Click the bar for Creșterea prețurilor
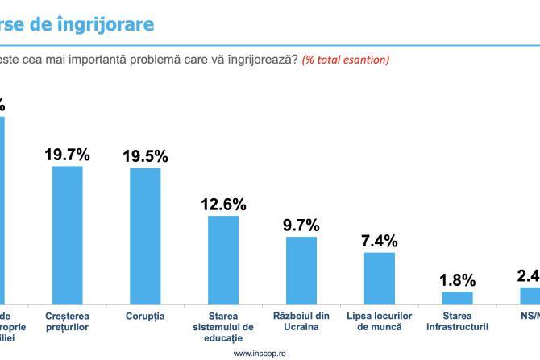pyautogui.click(x=67, y=234)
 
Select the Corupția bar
pyautogui.click(x=145, y=235)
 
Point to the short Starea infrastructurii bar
pyautogui.click(x=458, y=297)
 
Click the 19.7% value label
pyautogui.click(x=67, y=155)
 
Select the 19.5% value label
pyautogui.click(x=145, y=156)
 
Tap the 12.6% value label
pyautogui.click(x=223, y=205)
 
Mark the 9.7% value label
pyautogui.click(x=301, y=225)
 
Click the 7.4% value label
pyautogui.click(x=380, y=241)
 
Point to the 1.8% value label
pyautogui.click(x=458, y=280)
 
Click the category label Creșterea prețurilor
pyautogui.click(x=67, y=321)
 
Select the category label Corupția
pyautogui.click(x=145, y=317)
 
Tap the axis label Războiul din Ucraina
pyautogui.click(x=301, y=321)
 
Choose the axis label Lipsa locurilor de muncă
pyautogui.click(x=380, y=321)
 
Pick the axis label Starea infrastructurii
pyautogui.click(x=458, y=321)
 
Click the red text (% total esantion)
pyautogui.click(x=345, y=60)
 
